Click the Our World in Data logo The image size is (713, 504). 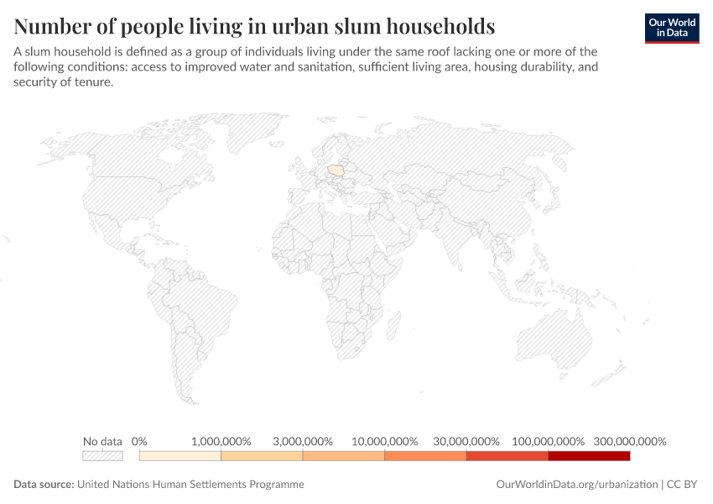click(672, 29)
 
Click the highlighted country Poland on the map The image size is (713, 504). click(336, 171)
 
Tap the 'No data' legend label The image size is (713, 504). click(102, 441)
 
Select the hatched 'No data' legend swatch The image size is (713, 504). click(102, 456)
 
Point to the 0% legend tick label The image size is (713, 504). click(139, 441)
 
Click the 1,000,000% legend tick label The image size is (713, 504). click(221, 441)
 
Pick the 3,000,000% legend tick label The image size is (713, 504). click(303, 441)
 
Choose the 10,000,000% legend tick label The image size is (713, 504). click(385, 441)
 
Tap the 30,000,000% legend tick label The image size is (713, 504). click(466, 441)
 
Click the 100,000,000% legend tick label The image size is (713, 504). click(549, 441)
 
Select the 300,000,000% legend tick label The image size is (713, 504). click(630, 441)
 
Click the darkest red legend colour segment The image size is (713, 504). click(590, 456)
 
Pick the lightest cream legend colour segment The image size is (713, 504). click(180, 456)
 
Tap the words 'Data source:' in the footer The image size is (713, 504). click(44, 484)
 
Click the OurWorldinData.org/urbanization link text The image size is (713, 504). click(577, 484)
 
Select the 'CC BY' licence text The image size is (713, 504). click(682, 484)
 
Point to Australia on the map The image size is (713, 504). click(554, 339)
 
